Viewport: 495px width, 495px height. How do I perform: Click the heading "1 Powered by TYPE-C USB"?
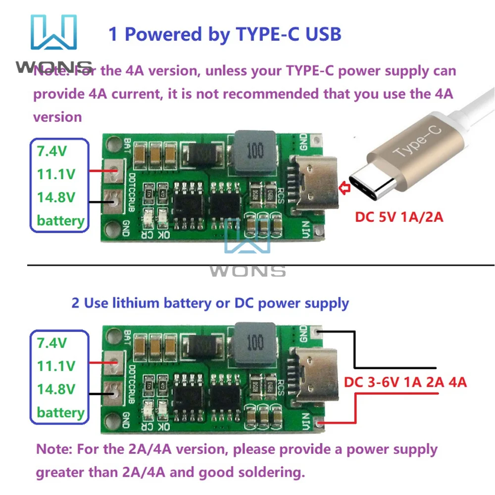[x=225, y=34]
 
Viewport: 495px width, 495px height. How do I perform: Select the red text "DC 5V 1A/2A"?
[x=399, y=217]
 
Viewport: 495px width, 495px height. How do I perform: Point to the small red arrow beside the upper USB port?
[x=343, y=188]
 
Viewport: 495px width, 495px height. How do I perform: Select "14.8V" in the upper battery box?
[x=56, y=197]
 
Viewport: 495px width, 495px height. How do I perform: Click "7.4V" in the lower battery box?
[x=52, y=343]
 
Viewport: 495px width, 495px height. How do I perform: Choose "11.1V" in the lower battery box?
[x=56, y=366]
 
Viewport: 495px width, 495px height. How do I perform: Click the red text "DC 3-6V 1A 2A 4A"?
[x=405, y=382]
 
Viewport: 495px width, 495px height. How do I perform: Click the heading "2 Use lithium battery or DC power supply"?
[x=210, y=302]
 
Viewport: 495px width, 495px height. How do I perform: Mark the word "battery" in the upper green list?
[x=60, y=220]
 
